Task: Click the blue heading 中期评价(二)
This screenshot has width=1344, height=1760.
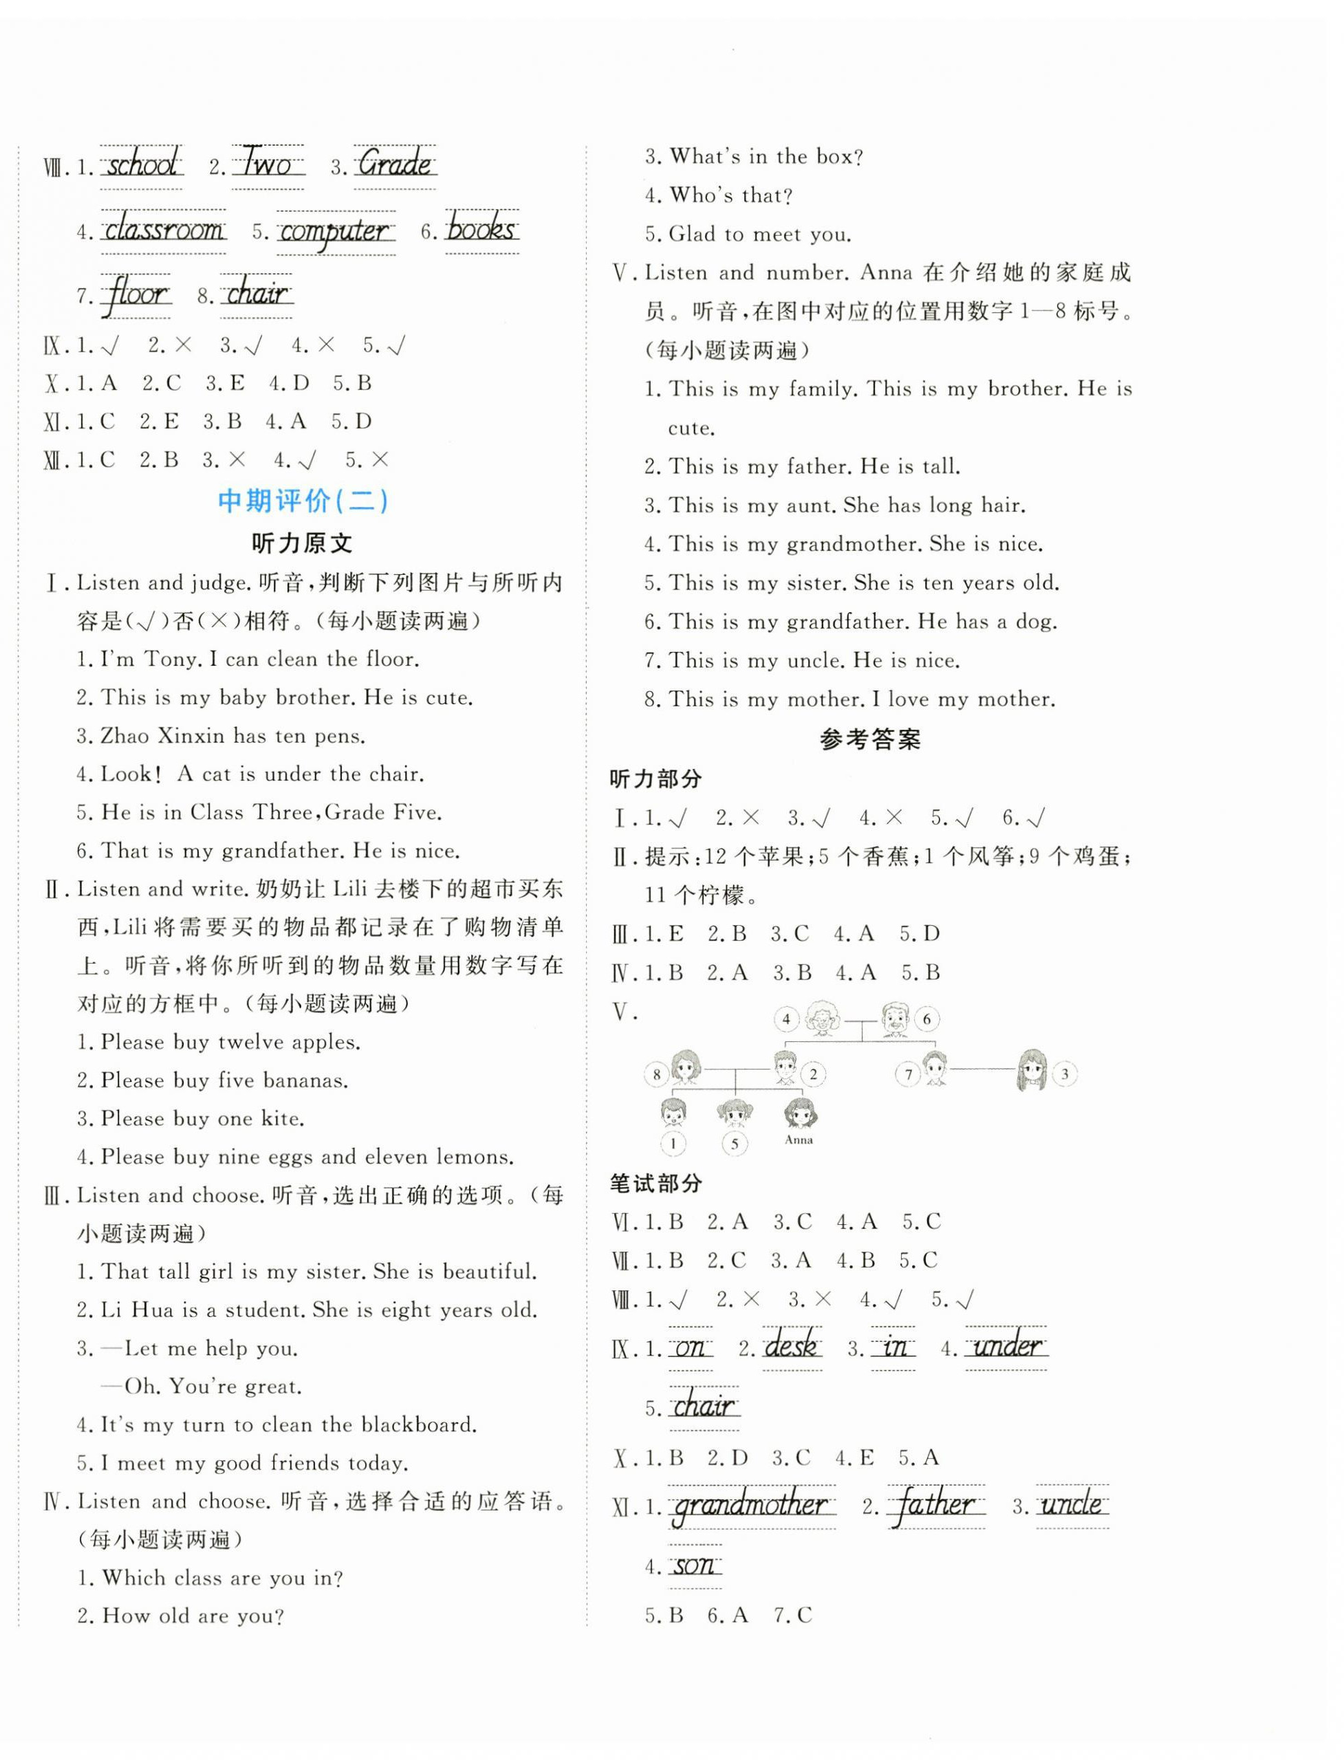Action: click(303, 501)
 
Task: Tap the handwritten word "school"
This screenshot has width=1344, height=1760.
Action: click(142, 165)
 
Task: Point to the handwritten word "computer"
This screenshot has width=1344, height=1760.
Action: click(335, 231)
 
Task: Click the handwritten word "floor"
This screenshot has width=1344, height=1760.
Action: click(137, 294)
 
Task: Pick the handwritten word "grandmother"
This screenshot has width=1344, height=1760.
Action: click(751, 1506)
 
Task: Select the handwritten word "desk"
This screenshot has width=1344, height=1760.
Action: click(791, 1347)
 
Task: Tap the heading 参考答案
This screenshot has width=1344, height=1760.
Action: click(869, 739)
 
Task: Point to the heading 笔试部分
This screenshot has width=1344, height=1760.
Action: click(655, 1183)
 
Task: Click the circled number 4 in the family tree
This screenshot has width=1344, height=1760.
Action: click(786, 1019)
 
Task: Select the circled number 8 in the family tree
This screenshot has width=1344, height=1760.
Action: click(657, 1074)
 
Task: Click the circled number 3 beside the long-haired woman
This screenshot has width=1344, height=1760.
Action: click(1064, 1074)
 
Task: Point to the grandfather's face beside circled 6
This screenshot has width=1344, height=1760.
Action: click(896, 1019)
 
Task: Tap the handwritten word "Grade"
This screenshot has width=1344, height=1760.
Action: click(394, 165)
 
